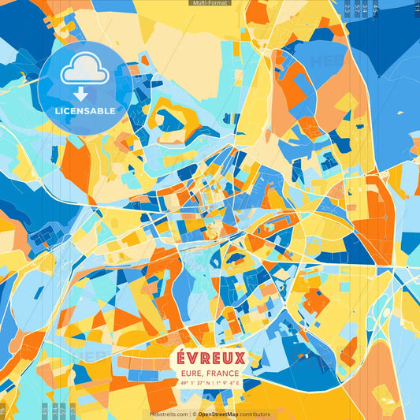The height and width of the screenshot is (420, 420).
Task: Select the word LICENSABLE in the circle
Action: (85, 111)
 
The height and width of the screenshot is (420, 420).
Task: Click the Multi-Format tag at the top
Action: (210, 3)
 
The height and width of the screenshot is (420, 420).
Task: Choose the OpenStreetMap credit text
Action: (222, 414)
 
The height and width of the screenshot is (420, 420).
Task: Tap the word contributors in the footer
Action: (255, 414)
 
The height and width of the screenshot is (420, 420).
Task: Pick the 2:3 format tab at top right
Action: (348, 9)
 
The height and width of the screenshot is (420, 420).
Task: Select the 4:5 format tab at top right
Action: (375, 9)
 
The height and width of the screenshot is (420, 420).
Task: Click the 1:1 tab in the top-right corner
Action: (415, 9)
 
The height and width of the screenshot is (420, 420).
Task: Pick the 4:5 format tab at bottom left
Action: (45, 411)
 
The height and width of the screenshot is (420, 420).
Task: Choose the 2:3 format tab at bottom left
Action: (72, 411)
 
